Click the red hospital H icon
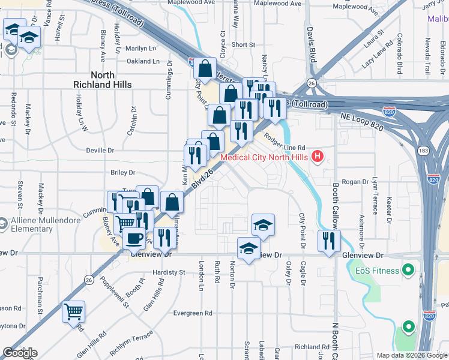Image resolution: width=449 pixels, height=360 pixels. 318,158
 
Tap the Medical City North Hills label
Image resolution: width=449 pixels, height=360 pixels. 264,158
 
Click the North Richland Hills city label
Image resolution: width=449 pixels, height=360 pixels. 102,80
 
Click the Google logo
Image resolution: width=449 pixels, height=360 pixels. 20,353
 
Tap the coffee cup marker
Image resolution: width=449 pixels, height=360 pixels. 134,239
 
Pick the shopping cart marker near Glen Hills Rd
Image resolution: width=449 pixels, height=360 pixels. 73,311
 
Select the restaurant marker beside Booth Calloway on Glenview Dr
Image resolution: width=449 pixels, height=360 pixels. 328,241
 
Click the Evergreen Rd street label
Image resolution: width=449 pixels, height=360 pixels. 193,313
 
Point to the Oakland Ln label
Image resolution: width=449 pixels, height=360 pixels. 143,61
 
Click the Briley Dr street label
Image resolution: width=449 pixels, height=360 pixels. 123,173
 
